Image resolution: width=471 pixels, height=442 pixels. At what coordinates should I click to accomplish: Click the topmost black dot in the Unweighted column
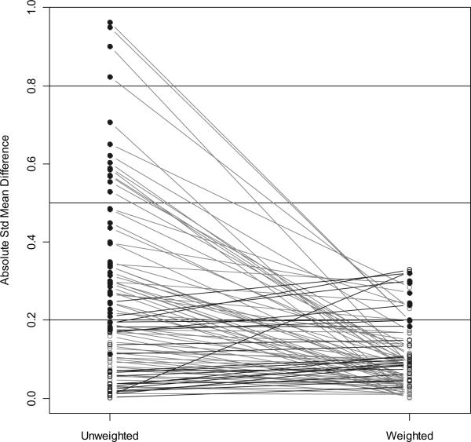tap(110, 23)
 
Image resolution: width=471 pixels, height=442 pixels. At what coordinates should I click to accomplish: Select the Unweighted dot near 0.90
tap(110, 46)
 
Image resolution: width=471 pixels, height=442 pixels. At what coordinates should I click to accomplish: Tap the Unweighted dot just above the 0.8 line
tap(110, 77)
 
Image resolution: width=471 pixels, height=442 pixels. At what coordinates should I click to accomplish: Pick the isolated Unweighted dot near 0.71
tap(110, 122)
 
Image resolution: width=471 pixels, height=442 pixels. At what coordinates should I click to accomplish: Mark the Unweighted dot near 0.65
tap(110, 144)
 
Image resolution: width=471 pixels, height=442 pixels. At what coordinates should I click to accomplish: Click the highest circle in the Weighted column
tap(409, 269)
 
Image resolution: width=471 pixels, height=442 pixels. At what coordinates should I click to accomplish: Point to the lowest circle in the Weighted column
tap(409, 396)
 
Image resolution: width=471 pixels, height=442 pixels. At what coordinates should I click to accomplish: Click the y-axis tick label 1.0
tap(31, 8)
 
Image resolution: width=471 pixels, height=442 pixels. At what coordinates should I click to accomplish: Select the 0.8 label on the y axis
tap(31, 86)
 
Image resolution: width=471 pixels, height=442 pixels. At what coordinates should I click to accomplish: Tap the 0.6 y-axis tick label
tap(31, 163)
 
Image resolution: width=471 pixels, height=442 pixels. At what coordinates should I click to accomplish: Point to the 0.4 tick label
tap(31, 242)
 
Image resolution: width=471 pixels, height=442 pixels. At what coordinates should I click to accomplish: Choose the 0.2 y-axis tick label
tap(31, 320)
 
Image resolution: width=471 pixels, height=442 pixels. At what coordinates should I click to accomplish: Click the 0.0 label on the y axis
tap(31, 398)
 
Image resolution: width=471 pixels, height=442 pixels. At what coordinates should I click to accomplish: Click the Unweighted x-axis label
tap(110, 434)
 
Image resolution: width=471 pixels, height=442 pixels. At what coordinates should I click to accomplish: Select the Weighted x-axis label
tap(409, 434)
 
